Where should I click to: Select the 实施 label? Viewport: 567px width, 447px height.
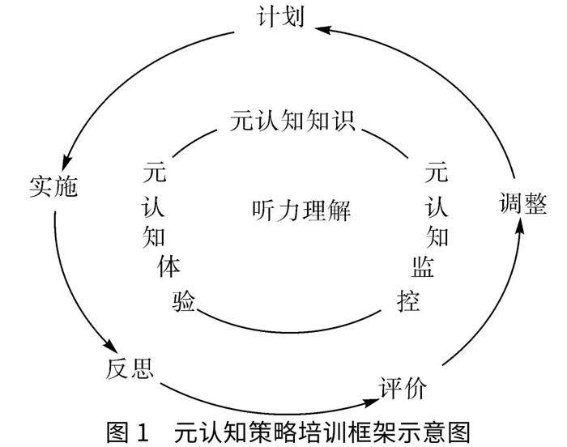[x=52, y=187]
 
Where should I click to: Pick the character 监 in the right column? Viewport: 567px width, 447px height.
[x=422, y=266]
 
